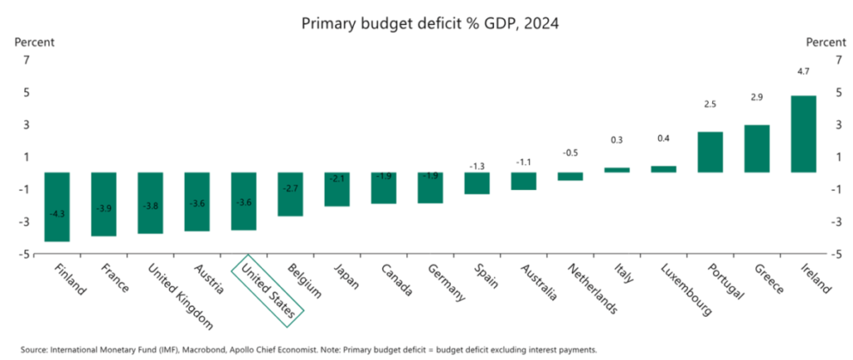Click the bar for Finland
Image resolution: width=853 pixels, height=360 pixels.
coord(57,207)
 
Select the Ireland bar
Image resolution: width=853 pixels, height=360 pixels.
coord(804,134)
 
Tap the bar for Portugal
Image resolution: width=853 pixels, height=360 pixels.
coord(710,152)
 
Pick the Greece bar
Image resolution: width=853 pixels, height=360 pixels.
coord(756,148)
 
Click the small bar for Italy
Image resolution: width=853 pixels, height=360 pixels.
coord(616,170)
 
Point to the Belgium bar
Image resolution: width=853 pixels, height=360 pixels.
coord(290,194)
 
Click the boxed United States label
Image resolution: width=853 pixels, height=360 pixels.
coord(267,287)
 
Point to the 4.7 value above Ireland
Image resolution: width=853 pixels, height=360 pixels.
coord(803,72)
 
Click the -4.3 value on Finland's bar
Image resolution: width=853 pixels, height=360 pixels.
coord(57,214)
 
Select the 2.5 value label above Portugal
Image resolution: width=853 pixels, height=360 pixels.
coord(710,104)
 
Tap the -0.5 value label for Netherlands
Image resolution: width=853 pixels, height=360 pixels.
coord(570,152)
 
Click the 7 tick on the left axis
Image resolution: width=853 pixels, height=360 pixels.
coord(26,60)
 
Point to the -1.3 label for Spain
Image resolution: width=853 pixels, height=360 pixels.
coord(476,167)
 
